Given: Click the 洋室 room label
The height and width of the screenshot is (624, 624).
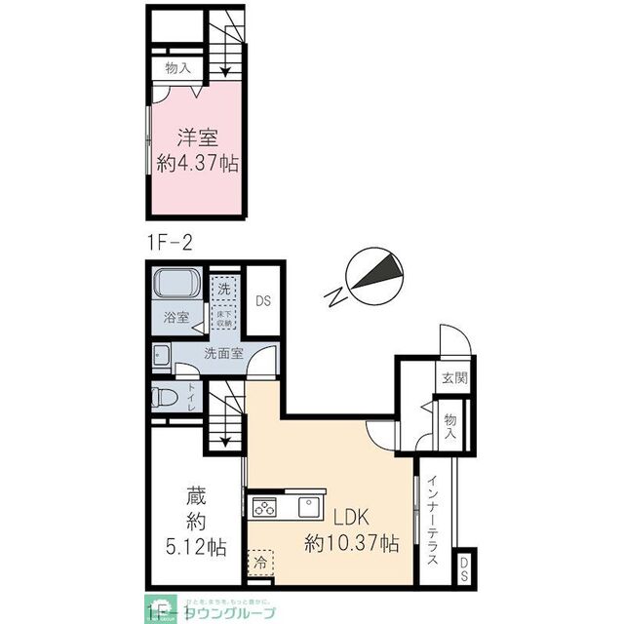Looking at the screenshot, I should tap(198, 138).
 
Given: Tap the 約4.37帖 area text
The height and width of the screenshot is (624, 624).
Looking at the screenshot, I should tap(198, 162).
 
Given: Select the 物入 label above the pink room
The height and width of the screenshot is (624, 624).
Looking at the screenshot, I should tap(176, 68).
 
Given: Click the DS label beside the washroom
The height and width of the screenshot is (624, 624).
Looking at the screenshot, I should tap(262, 302).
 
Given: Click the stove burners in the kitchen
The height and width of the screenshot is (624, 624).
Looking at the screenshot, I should tap(265, 506).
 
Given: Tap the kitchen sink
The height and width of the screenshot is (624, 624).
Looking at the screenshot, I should tap(308, 506).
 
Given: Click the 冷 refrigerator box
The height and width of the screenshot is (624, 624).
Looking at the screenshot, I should tap(259, 563).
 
